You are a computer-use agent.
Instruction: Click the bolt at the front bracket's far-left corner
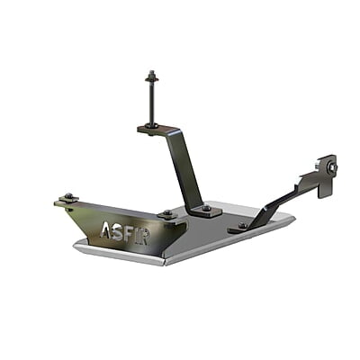point(67,197)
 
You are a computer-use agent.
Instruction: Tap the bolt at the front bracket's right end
point(166,213)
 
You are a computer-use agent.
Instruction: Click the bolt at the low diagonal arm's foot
point(241,225)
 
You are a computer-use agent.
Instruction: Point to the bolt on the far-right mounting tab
point(331,166)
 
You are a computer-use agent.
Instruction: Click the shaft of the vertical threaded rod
point(149,99)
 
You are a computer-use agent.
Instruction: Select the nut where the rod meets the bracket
point(150,124)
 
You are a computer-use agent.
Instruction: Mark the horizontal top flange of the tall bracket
point(162,131)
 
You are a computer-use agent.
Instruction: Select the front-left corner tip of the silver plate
point(76,241)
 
